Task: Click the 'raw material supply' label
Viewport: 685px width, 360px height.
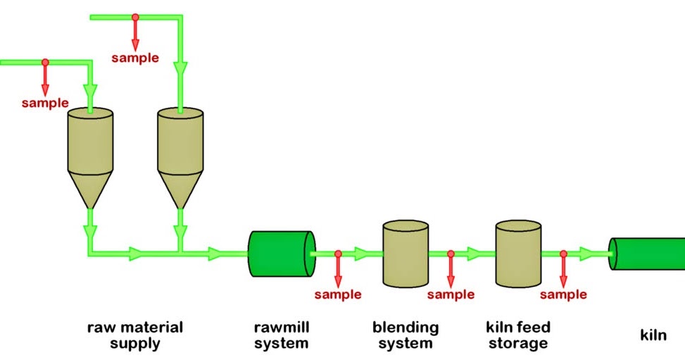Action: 134,335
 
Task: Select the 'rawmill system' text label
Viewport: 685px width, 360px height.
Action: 281,335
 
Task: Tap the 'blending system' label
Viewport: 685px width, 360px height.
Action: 405,335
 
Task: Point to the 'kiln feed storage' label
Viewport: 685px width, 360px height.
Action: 517,335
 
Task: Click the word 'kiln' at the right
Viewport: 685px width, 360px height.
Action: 653,335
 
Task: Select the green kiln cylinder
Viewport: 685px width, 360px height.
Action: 648,254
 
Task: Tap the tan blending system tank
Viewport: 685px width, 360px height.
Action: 405,254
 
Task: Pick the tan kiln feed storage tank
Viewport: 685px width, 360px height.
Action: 518,254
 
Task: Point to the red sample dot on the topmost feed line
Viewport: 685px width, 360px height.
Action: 135,17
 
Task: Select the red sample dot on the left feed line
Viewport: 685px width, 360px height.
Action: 45,62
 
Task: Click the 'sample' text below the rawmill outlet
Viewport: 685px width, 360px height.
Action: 338,294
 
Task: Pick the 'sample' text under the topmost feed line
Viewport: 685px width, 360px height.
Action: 135,58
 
